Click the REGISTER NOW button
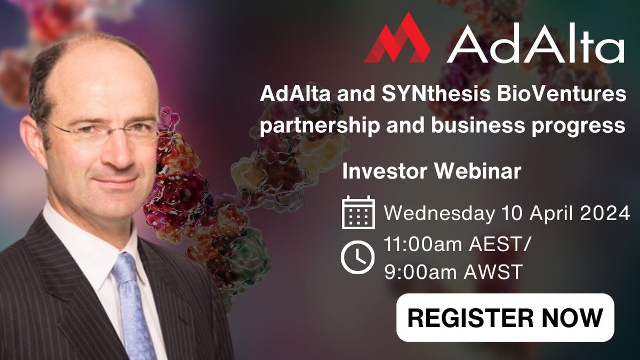pyautogui.click(x=505, y=317)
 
